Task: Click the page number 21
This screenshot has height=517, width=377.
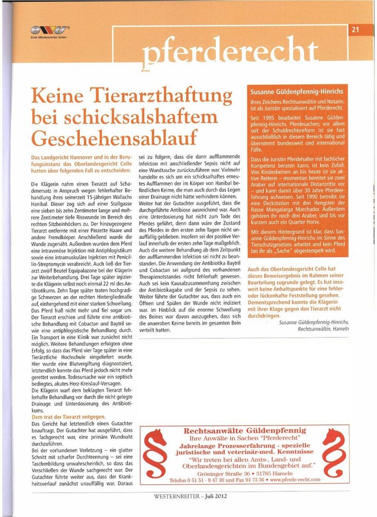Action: [355, 29]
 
